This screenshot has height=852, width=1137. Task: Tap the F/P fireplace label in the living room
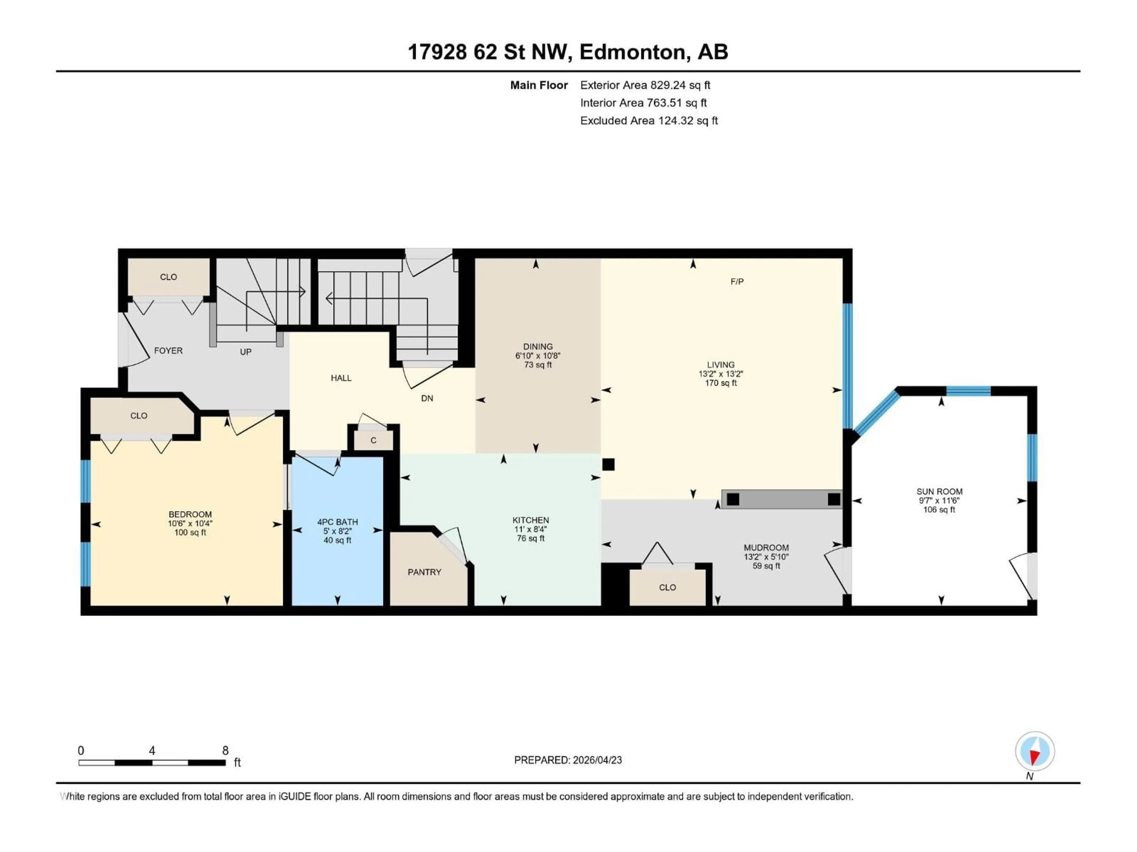click(737, 281)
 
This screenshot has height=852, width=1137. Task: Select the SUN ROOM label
click(939, 491)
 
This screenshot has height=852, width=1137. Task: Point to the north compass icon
click(1035, 751)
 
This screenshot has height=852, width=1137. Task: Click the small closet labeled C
click(373, 440)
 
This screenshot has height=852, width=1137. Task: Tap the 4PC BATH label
click(337, 522)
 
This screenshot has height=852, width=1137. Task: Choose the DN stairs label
click(427, 398)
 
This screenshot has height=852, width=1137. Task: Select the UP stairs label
click(246, 352)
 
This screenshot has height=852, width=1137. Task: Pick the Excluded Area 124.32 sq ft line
click(649, 121)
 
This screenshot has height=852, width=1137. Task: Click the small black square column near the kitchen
click(608, 464)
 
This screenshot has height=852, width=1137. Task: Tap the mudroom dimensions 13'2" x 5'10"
click(766, 557)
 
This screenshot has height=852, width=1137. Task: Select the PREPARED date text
click(568, 760)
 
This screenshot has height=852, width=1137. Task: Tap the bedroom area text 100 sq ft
click(190, 532)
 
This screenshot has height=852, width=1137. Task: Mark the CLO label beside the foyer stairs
click(168, 277)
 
